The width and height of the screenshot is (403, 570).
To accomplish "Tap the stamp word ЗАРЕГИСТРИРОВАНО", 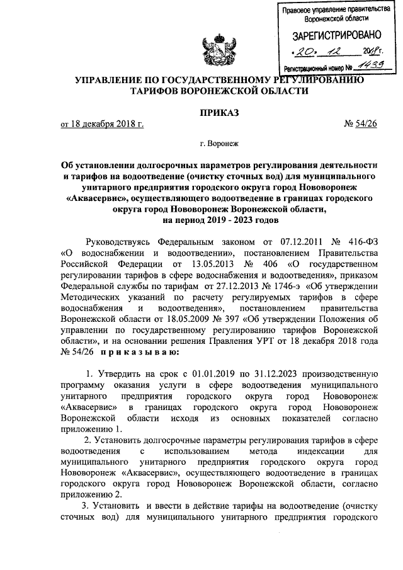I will [x=334, y=35].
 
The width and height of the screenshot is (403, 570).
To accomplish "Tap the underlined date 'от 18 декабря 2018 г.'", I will [x=101, y=125].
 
